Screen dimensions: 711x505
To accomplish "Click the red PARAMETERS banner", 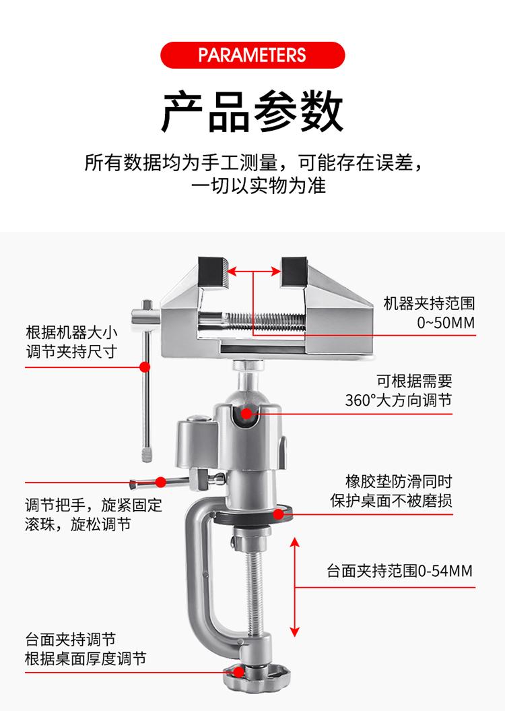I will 252,54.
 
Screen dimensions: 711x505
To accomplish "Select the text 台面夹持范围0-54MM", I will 399,571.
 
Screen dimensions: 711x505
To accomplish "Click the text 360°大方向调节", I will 398,400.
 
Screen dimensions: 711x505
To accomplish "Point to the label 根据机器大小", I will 72,332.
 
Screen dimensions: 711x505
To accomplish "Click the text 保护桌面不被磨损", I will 391,501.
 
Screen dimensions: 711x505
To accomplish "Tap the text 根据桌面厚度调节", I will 86,658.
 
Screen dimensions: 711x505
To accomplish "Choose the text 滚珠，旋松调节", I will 77,524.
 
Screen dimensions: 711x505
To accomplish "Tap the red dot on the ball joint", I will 246,413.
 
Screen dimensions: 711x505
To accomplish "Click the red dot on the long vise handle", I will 144,367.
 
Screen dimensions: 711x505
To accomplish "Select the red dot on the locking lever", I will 161,482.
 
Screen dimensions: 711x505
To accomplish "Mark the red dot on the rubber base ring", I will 278,515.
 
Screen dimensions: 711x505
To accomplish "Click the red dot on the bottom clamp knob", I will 239,671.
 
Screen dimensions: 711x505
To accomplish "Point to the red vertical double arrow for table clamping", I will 294,586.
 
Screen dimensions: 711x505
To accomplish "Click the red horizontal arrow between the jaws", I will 254,271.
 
